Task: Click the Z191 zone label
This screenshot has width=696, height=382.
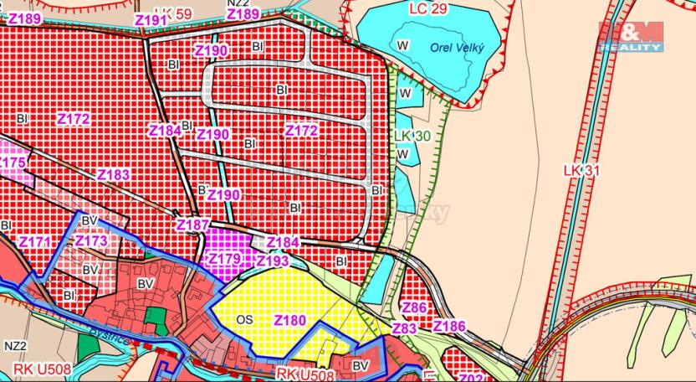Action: pos(151,19)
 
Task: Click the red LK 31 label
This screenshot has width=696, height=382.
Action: pos(582,170)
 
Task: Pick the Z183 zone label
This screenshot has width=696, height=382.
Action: pos(114,175)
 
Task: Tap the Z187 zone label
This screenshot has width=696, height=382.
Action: pos(193,225)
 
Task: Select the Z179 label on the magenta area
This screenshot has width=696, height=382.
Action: pos(224,258)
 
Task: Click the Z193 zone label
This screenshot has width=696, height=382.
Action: pos(273,261)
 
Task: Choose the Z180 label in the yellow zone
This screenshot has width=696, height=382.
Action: pos(289,319)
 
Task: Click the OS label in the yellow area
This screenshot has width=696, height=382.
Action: pos(244,319)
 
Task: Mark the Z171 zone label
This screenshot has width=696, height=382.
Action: pos(35,242)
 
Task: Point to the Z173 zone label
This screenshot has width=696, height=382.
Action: pos(91,241)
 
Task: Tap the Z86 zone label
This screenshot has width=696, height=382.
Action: pos(414,308)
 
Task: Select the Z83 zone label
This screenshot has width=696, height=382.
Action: pos(404,329)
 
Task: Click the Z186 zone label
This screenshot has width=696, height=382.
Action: pos(449,326)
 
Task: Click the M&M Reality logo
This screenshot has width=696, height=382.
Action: pos(630,34)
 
